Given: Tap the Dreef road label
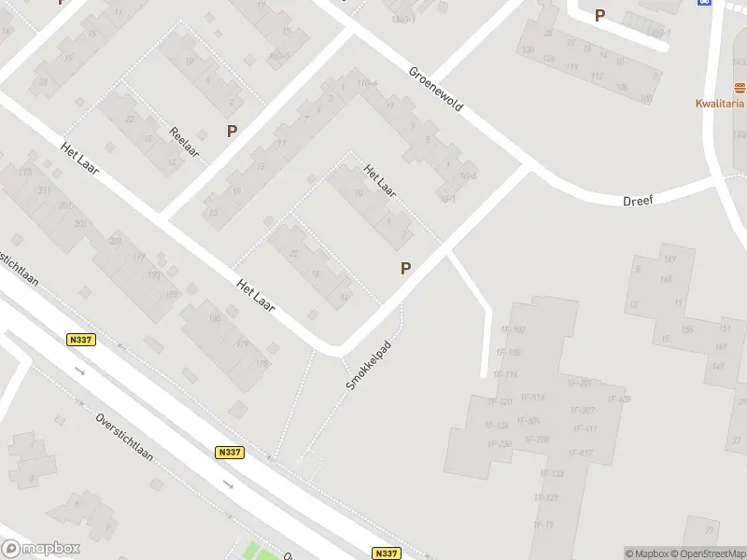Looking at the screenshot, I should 640,200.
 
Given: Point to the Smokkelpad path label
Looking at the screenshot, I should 365,364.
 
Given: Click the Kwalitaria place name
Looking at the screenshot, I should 719,104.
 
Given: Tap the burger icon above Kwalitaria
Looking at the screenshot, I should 740,88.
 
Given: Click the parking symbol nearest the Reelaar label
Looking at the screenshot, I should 232,132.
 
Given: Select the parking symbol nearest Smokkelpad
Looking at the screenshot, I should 405,268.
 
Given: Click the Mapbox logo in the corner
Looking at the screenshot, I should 41,549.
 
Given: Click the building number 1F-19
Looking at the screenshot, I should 543,525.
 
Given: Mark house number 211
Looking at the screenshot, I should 44,190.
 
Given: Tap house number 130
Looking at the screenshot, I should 528,49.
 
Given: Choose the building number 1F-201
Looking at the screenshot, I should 580,384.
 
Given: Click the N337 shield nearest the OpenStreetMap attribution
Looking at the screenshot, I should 386,553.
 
